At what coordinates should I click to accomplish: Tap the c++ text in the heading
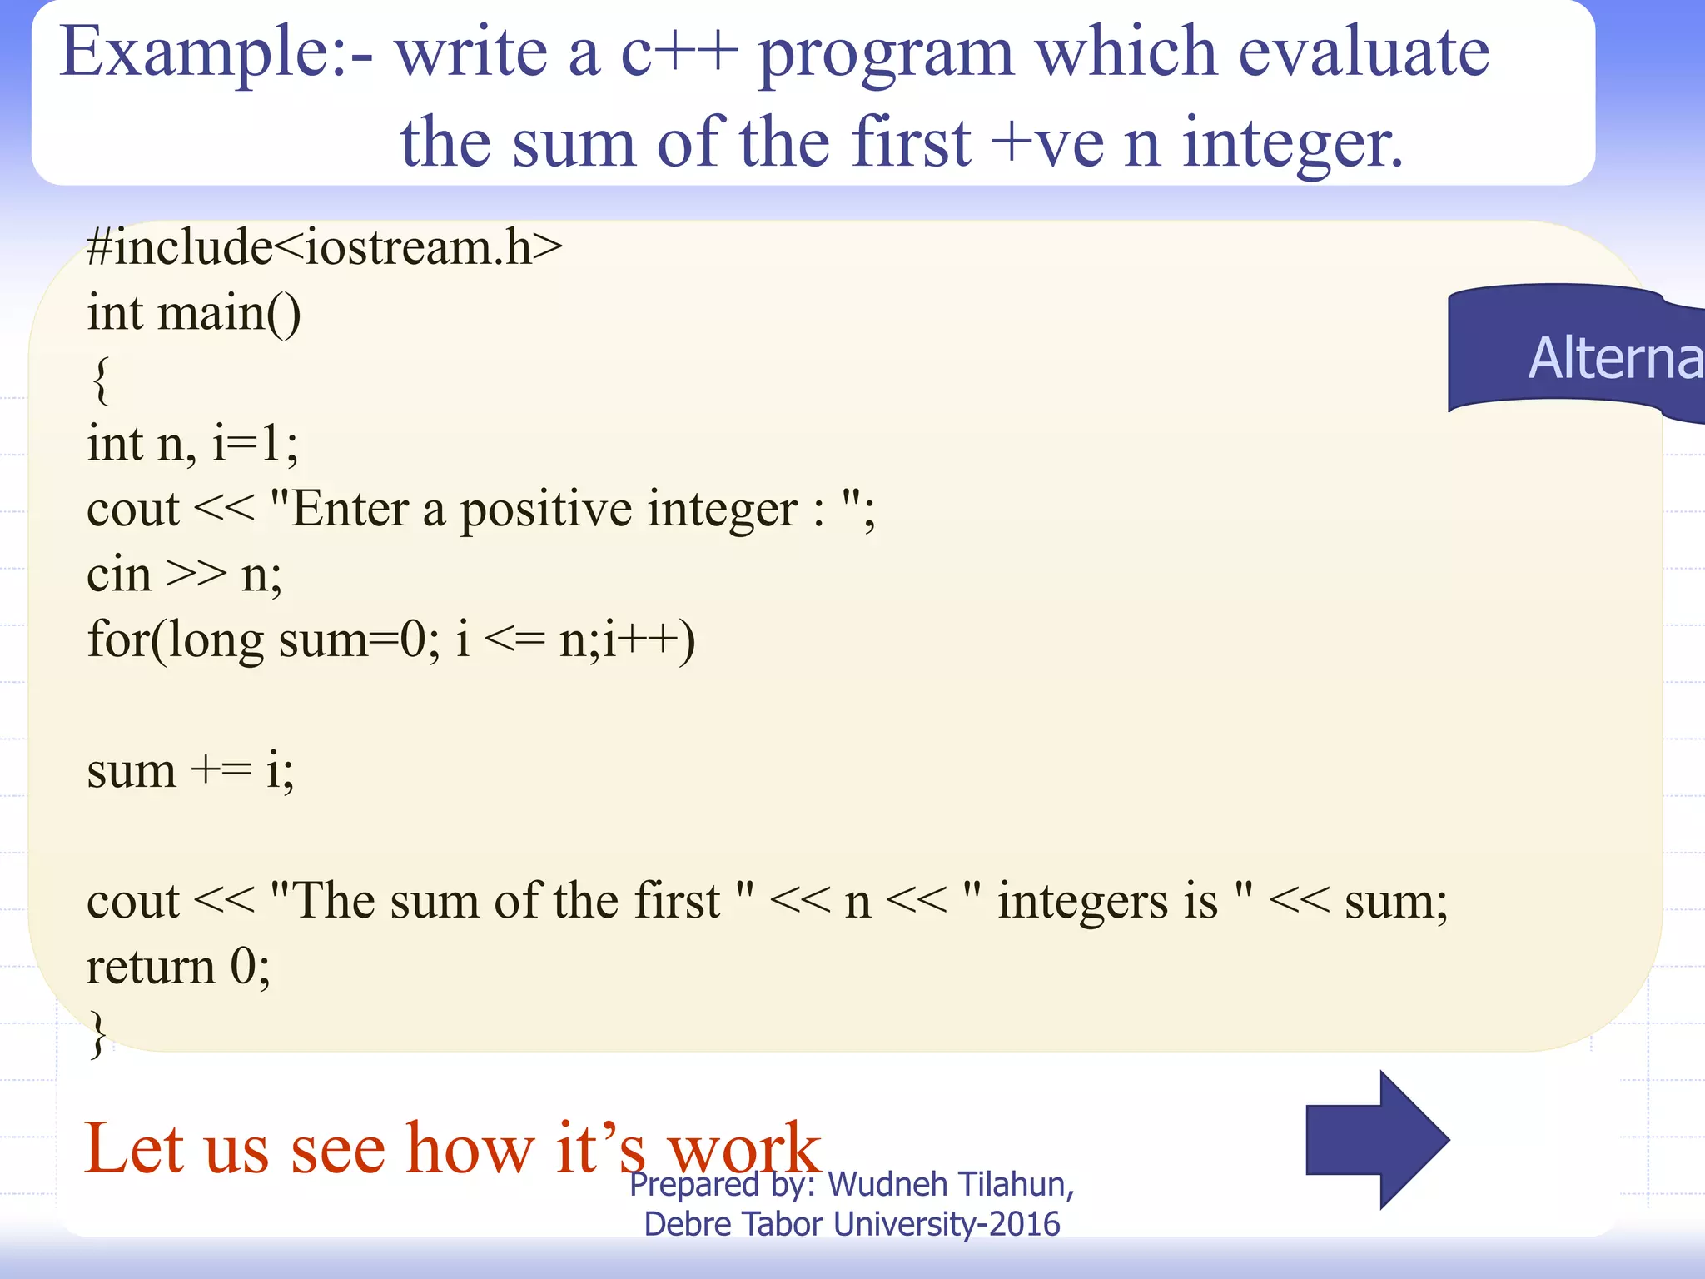pyautogui.click(x=679, y=52)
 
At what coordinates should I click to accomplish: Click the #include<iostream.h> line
pyautogui.click(x=325, y=247)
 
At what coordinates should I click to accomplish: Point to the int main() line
pyautogui.click(x=194, y=314)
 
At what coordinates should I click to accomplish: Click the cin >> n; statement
pyautogui.click(x=184, y=575)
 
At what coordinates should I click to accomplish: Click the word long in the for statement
pyautogui.click(x=216, y=641)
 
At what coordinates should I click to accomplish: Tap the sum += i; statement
pyautogui.click(x=190, y=771)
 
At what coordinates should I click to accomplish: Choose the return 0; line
pyautogui.click(x=178, y=968)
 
